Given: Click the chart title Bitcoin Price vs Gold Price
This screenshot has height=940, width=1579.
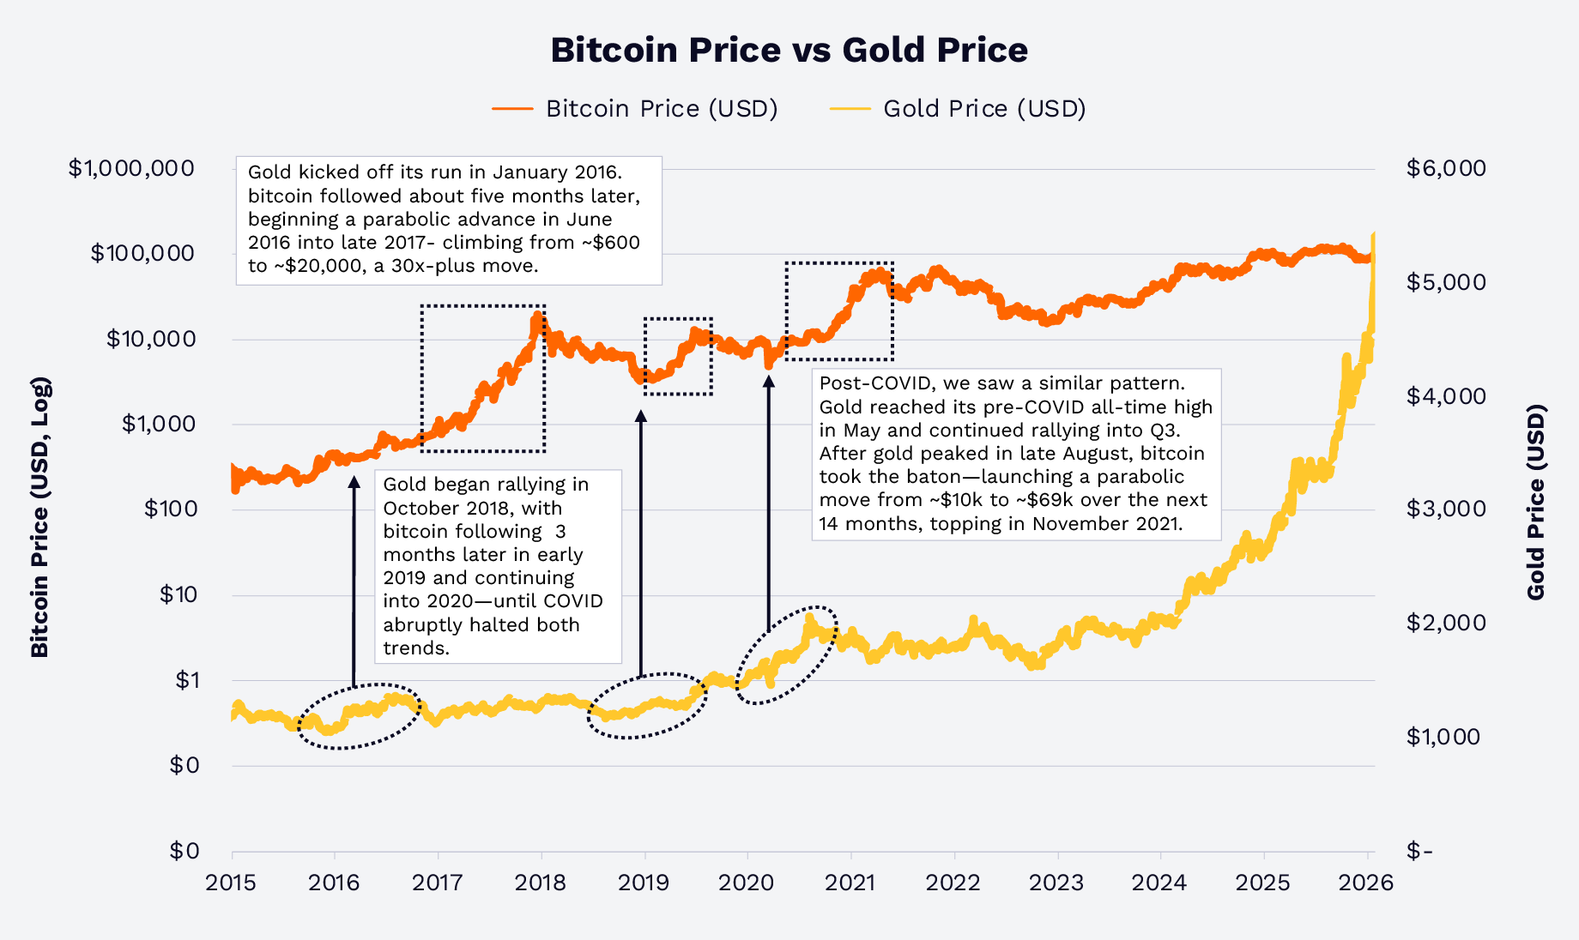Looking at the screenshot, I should click(789, 50).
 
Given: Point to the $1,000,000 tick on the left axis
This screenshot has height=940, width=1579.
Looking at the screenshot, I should click(131, 168).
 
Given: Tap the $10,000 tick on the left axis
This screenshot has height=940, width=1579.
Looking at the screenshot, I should click(151, 339).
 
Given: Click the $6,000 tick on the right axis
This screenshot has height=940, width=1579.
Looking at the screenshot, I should click(1446, 168).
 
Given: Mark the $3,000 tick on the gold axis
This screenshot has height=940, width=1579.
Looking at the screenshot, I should click(1446, 509).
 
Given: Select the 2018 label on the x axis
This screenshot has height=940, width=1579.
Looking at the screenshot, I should click(541, 883).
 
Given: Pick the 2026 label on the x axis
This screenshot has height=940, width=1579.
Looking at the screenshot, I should click(1366, 883).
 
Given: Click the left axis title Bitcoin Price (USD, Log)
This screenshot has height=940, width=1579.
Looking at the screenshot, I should click(40, 517).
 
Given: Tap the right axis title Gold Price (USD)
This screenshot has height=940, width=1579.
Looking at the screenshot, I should click(1536, 503).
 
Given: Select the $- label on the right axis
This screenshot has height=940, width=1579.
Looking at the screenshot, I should click(1419, 851).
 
